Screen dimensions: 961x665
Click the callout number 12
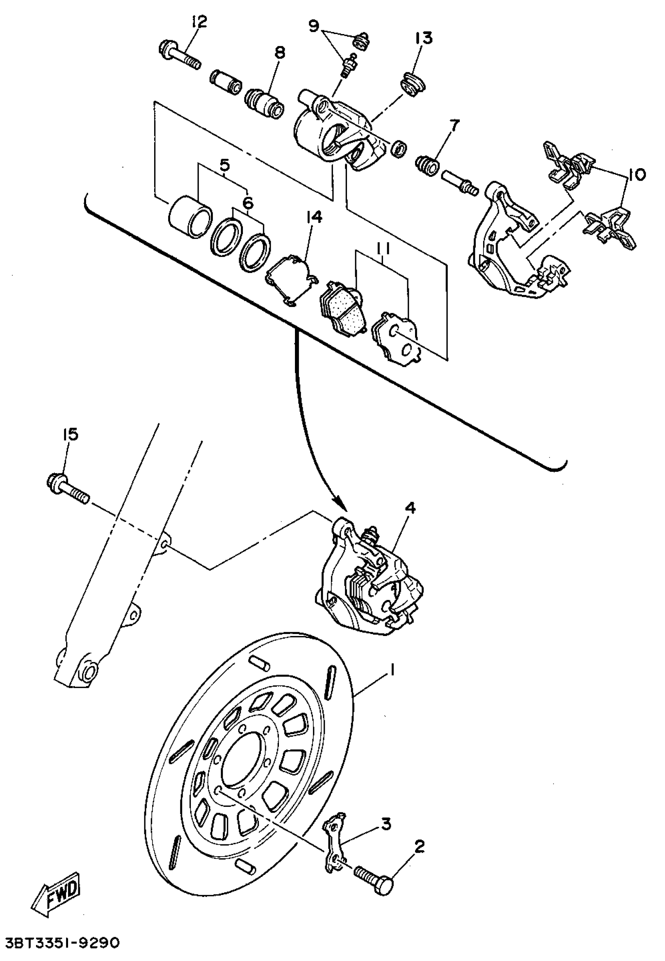(199, 22)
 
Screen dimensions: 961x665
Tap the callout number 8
(280, 54)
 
